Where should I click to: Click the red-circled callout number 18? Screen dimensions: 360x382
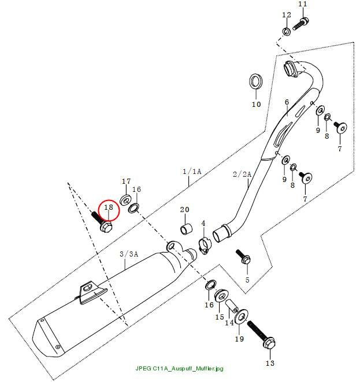[x=109, y=207]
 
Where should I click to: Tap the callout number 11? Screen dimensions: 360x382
[x=303, y=4]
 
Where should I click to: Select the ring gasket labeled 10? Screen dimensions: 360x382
[x=255, y=81]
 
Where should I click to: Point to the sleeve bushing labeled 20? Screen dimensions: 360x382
[x=186, y=229]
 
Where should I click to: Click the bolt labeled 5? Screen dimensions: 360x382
[x=243, y=257]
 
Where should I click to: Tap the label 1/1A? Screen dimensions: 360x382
[x=192, y=172]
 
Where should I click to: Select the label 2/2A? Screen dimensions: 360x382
[x=242, y=174]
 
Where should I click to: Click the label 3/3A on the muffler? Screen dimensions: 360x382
[x=129, y=254]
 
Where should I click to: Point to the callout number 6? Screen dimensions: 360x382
[x=287, y=102]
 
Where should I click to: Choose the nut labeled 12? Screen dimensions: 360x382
[x=287, y=31]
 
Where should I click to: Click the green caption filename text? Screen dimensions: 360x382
[x=179, y=368]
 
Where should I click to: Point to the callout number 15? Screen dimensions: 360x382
[x=220, y=317]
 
